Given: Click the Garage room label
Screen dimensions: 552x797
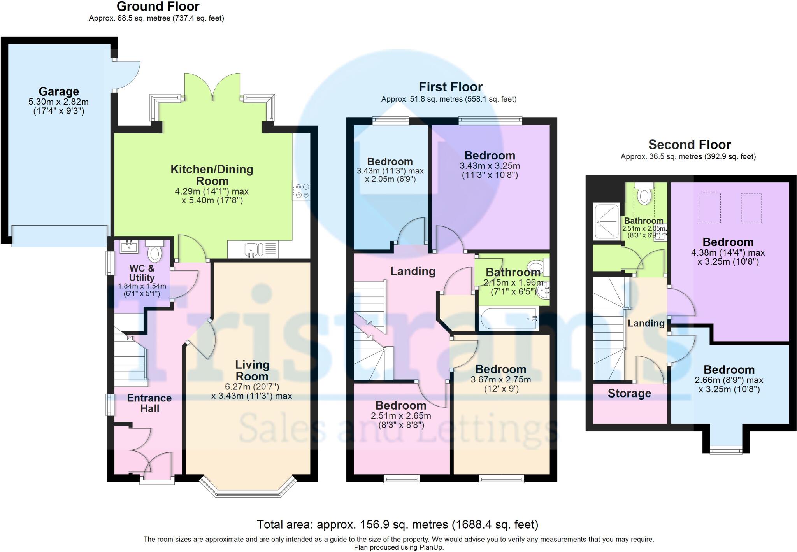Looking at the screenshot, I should (x=59, y=92).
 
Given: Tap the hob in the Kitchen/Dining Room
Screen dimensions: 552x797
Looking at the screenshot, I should (x=301, y=191).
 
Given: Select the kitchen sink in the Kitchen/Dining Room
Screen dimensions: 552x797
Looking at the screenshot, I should (x=253, y=249).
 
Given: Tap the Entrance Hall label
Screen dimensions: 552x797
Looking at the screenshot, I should (x=149, y=403).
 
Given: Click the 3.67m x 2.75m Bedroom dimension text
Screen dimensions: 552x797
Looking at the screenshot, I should (x=500, y=379).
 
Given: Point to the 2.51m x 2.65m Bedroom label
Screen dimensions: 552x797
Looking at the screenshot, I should (x=400, y=405).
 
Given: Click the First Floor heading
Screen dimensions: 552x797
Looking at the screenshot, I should (x=450, y=86).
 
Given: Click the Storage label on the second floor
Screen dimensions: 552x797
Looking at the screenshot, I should (x=629, y=393).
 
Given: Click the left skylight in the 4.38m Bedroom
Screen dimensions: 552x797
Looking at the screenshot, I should (x=710, y=208).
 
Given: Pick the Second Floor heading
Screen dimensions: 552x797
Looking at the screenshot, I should (x=689, y=145).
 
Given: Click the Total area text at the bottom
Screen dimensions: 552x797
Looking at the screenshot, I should (x=397, y=524).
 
